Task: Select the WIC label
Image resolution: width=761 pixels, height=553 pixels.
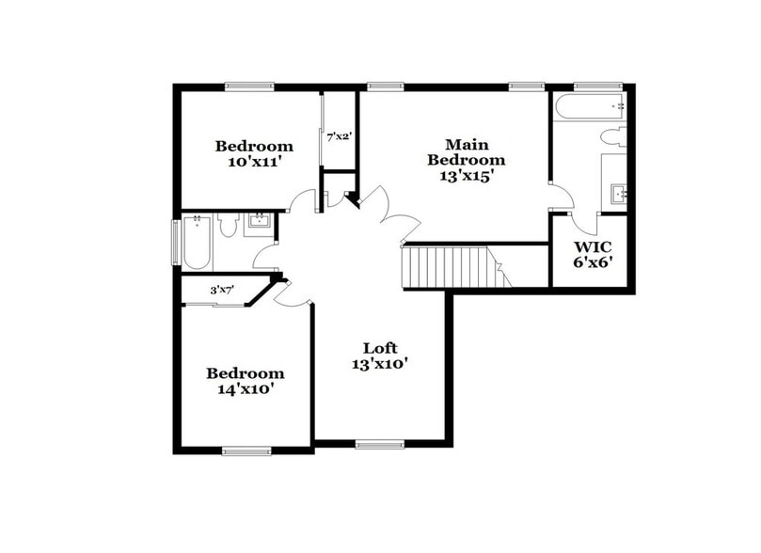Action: coord(594,247)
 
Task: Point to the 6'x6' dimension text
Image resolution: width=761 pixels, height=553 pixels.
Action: coord(594,262)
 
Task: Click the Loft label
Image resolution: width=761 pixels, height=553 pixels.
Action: coord(380,346)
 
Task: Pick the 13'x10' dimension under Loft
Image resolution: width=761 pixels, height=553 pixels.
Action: coord(380,363)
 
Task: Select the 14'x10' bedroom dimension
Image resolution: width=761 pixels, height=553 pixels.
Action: coord(245,387)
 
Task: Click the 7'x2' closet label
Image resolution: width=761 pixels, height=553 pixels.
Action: coord(339,137)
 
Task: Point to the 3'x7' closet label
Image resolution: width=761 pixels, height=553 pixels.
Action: coord(221,290)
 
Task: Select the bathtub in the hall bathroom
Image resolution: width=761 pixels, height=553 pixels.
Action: coord(198,243)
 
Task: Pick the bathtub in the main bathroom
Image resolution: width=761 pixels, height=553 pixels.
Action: coord(589,105)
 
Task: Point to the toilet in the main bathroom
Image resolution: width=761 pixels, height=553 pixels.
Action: coord(614,135)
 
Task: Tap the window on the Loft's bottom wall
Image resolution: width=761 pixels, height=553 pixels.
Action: coord(379,444)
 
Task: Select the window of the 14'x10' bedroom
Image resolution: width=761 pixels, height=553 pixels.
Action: coord(246,451)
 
